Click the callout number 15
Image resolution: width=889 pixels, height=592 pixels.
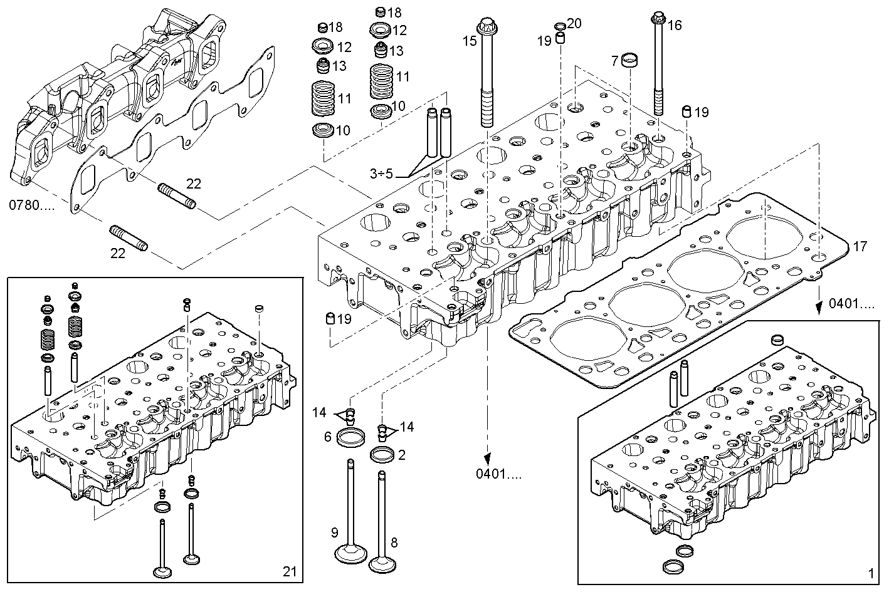tap(470, 41)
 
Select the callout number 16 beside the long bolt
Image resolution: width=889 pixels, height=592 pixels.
tap(674, 26)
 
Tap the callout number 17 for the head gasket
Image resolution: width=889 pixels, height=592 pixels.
tap(860, 247)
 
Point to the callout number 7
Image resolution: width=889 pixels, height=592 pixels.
tap(616, 61)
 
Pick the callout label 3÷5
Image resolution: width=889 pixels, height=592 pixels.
tap(381, 174)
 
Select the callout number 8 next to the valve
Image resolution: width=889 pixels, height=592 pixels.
tap(394, 543)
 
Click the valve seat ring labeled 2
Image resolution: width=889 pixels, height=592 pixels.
tap(382, 455)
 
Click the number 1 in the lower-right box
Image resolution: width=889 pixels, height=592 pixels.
tap(870, 573)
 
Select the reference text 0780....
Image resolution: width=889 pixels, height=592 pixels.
tap(31, 205)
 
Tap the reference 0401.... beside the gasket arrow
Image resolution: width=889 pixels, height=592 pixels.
tap(851, 304)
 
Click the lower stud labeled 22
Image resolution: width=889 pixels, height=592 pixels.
tap(129, 238)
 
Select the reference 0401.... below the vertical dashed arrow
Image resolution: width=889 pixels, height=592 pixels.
tap(497, 474)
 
